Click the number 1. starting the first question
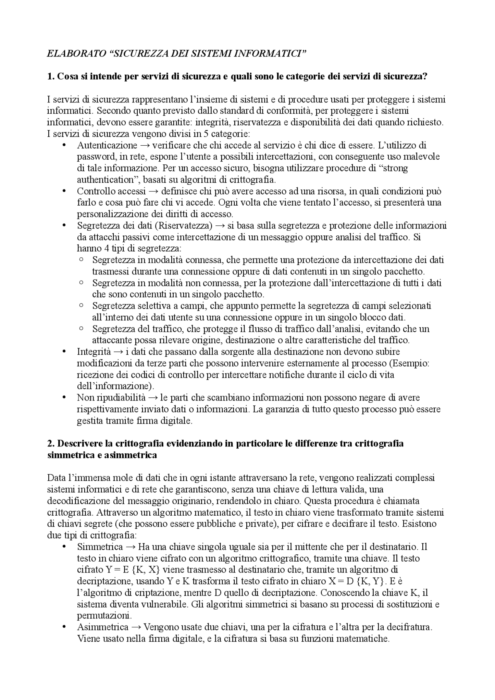pos(50,77)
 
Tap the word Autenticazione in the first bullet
pos(107,145)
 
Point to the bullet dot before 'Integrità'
pos(64,352)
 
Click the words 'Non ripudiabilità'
pos(111,398)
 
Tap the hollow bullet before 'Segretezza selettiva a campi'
pos(81,305)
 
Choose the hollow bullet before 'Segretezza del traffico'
pos(81,329)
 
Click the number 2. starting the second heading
pos(50,443)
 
